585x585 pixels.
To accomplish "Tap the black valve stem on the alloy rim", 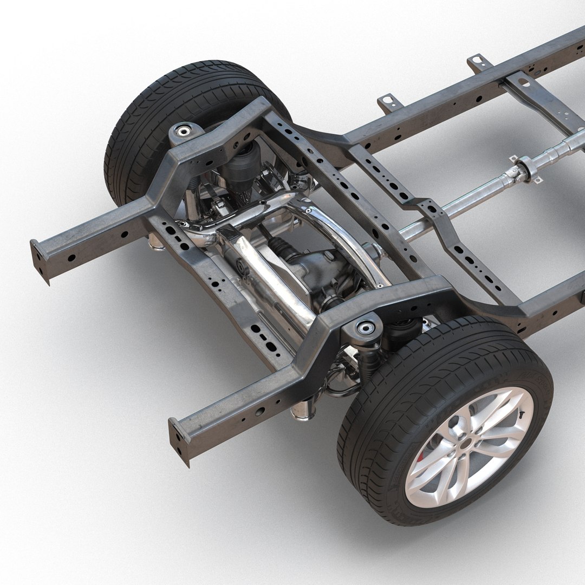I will coord(522,412).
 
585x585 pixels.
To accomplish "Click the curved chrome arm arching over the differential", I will coord(347,238).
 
